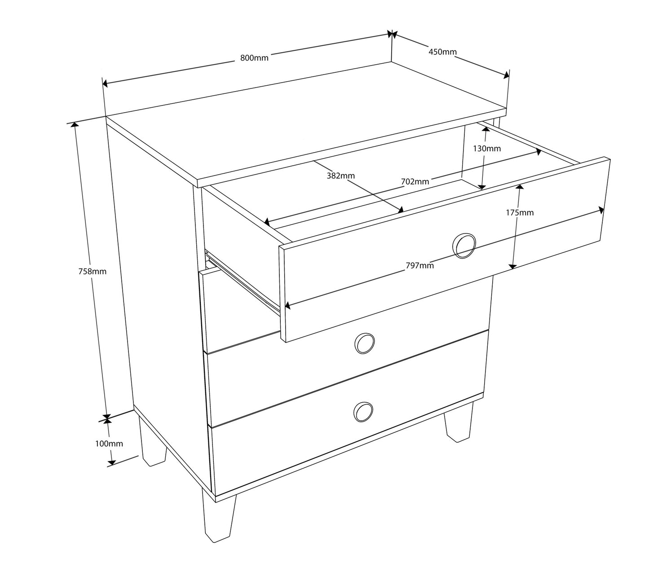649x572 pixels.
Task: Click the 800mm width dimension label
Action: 254,58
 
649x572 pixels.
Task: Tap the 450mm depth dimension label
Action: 442,52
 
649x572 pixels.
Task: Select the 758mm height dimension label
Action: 92,271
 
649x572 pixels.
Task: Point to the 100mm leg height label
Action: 109,444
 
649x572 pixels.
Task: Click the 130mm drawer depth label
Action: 486,148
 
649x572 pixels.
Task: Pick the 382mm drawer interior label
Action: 340,176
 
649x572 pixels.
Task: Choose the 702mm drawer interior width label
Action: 415,181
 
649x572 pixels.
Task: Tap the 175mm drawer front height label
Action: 520,212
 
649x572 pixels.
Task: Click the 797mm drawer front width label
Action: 419,265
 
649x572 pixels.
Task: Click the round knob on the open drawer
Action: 464,246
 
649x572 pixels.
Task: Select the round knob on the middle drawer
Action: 365,343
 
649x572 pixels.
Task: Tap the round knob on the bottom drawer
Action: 363,412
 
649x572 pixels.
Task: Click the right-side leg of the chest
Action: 459,423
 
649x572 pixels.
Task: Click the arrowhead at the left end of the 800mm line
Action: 105,84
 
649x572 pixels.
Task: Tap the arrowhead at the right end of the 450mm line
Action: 506,75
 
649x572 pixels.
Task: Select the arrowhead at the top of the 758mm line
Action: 75,124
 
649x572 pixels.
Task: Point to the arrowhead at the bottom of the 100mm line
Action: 111,462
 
